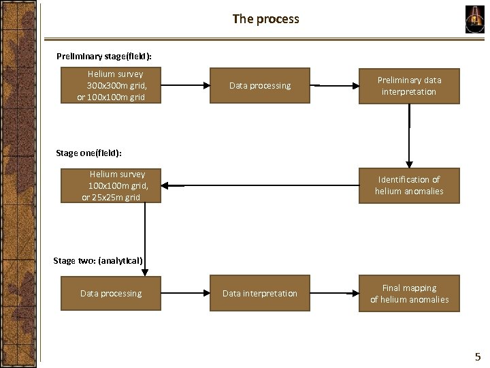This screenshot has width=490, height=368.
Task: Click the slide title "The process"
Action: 265,19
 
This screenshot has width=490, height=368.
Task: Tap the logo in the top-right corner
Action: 474,19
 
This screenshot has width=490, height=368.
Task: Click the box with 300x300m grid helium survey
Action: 111,85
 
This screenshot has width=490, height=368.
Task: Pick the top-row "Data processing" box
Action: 260,85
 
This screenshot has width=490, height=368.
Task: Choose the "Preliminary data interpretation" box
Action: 409,85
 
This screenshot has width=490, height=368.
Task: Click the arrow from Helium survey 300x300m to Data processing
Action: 185,86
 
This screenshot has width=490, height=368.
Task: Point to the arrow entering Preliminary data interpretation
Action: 334,86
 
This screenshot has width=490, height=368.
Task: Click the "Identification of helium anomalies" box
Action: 409,185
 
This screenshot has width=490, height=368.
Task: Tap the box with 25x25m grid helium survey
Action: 111,185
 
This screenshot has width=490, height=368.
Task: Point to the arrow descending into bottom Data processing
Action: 145,239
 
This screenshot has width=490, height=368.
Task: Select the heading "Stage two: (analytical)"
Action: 98,260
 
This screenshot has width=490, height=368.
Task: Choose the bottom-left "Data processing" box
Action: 111,293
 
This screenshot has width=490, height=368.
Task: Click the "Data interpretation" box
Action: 260,293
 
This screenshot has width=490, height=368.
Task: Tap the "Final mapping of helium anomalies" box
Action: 409,293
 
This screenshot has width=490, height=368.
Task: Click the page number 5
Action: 477,356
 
